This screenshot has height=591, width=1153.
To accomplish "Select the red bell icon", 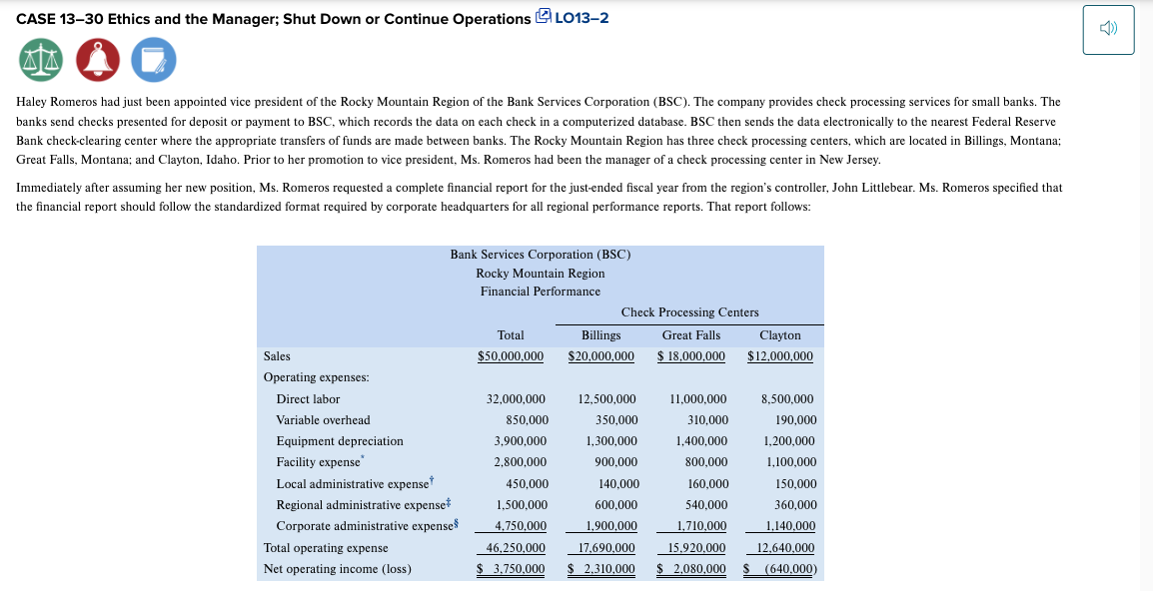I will click(96, 61).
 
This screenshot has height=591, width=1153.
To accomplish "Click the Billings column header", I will click(600, 335).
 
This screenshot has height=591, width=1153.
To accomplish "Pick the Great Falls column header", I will click(690, 335).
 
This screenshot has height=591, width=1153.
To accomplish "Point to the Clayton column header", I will click(780, 335).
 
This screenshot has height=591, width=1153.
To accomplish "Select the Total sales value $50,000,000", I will click(511, 356).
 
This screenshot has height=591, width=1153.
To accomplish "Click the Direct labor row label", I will click(308, 399).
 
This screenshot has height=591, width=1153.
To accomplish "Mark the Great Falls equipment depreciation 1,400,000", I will click(700, 441).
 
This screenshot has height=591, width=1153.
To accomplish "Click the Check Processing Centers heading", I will click(689, 312).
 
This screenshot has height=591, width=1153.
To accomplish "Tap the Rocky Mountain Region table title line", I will click(540, 274).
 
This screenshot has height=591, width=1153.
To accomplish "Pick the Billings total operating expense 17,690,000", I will click(606, 548).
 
